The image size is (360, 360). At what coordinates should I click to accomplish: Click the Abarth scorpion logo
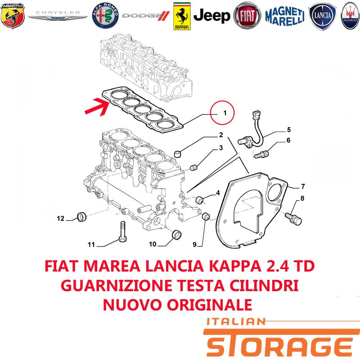point(13,15)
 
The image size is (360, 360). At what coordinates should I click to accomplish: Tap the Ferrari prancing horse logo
point(182,16)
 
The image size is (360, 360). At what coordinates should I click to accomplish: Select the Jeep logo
point(211,16)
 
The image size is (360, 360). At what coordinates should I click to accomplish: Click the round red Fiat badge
point(247,16)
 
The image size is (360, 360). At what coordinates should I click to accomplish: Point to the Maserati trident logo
point(351,16)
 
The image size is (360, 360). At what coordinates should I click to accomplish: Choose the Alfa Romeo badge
point(105,16)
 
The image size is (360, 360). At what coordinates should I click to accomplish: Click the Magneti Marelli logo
point(285,16)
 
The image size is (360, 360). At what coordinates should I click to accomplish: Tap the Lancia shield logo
point(323,16)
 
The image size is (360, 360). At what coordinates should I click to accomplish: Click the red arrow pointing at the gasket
point(97,107)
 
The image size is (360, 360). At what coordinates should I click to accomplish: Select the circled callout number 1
point(222,113)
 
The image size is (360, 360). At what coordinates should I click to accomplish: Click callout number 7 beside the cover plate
point(303,186)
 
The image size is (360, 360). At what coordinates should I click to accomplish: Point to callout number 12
point(61,218)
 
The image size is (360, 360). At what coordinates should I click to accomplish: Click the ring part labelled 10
point(176,234)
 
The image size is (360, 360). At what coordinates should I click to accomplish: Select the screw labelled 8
point(293,219)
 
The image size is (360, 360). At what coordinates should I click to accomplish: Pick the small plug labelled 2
point(178,154)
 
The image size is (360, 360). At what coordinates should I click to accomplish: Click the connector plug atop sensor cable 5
point(256,115)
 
